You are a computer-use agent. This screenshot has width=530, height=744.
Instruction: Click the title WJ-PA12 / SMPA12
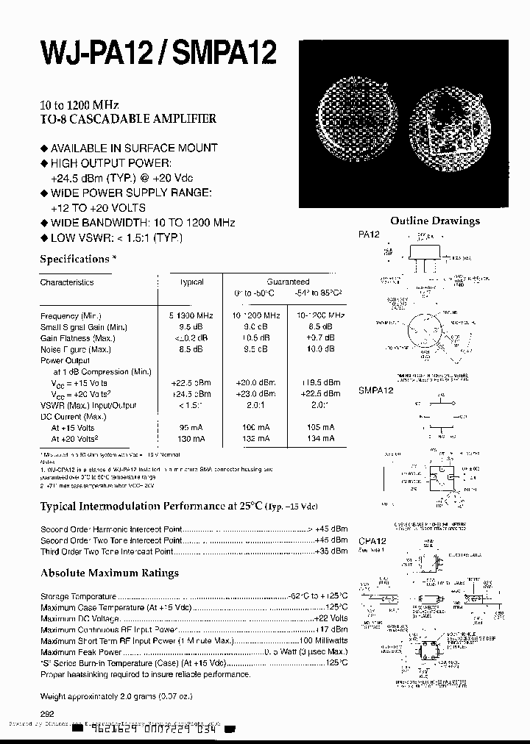tap(158, 54)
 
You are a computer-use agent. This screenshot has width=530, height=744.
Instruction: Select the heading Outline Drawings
tap(434, 221)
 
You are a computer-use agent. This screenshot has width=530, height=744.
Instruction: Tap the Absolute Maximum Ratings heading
tap(109, 573)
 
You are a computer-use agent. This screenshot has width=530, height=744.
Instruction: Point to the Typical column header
tap(191, 282)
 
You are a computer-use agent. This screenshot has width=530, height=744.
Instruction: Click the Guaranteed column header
tap(288, 282)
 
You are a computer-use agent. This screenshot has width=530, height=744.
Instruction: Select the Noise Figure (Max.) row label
tap(76, 349)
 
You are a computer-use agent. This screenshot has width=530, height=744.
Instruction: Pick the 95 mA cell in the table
tap(191, 427)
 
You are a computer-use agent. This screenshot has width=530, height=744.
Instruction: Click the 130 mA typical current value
tap(191, 439)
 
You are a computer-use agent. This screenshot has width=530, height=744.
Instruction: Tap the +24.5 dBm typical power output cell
tap(191, 394)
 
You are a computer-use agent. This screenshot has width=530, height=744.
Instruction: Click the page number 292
tap(47, 713)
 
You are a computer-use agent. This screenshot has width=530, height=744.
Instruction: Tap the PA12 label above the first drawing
tap(369, 235)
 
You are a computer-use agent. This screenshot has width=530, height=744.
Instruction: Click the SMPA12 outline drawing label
tap(376, 390)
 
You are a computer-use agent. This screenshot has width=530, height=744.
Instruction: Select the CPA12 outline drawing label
tap(372, 541)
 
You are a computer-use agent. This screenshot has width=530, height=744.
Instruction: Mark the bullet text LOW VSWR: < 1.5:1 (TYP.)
tap(116, 237)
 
